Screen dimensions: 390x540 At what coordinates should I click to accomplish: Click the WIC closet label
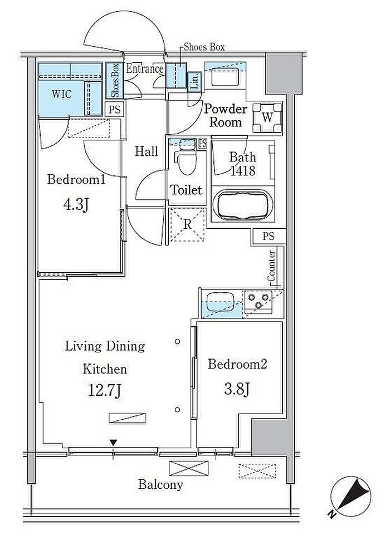tap(62, 94)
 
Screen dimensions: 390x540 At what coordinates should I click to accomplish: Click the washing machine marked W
tap(267, 117)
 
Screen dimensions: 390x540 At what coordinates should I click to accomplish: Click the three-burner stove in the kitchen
tap(258, 300)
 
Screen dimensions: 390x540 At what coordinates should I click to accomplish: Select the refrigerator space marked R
tap(187, 225)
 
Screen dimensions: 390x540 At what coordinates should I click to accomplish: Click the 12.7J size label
tap(105, 391)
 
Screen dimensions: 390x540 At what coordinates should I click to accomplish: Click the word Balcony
tap(160, 485)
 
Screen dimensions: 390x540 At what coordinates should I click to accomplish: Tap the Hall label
tap(147, 151)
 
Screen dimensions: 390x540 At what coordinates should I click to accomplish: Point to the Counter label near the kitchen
tap(271, 266)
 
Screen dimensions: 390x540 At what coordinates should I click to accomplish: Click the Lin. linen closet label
tap(194, 82)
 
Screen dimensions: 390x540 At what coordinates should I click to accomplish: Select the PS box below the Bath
tap(269, 236)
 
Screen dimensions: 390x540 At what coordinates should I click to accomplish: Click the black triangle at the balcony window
tap(114, 443)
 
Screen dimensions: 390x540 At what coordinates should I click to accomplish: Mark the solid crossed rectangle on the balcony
tap(189, 468)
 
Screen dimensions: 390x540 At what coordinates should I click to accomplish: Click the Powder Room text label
tap(226, 115)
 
